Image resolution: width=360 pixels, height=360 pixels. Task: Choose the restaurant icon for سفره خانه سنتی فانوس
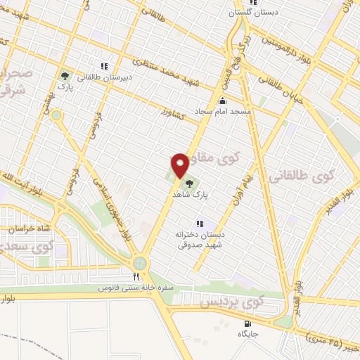click(x=136, y=276)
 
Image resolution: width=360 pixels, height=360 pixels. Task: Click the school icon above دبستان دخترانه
click(x=199, y=223)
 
